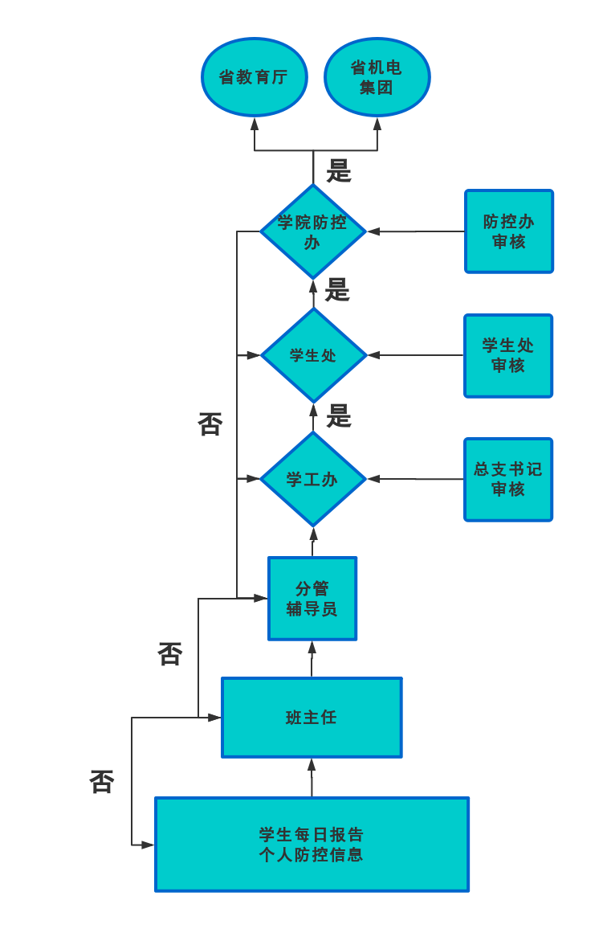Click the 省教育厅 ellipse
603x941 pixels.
click(254, 77)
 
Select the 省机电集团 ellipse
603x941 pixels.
click(377, 77)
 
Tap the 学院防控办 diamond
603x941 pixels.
click(313, 231)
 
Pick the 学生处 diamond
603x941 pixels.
click(313, 355)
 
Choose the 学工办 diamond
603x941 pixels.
click(313, 479)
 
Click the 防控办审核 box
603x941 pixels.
click(509, 231)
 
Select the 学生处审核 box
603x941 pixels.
click(508, 355)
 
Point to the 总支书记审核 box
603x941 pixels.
click(508, 479)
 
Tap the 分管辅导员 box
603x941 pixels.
click(312, 599)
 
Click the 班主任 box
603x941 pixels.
click(312, 718)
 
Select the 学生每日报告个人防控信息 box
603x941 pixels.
click(312, 845)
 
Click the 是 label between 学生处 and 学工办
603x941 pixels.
click(339, 416)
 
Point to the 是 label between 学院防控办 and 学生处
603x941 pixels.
click(337, 290)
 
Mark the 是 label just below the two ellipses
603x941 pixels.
click(339, 170)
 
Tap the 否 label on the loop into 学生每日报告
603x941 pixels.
click(102, 782)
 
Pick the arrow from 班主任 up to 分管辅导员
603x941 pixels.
click(312, 659)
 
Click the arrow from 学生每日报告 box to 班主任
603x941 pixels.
click(312, 777)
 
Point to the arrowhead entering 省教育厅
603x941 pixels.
click(255, 124)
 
